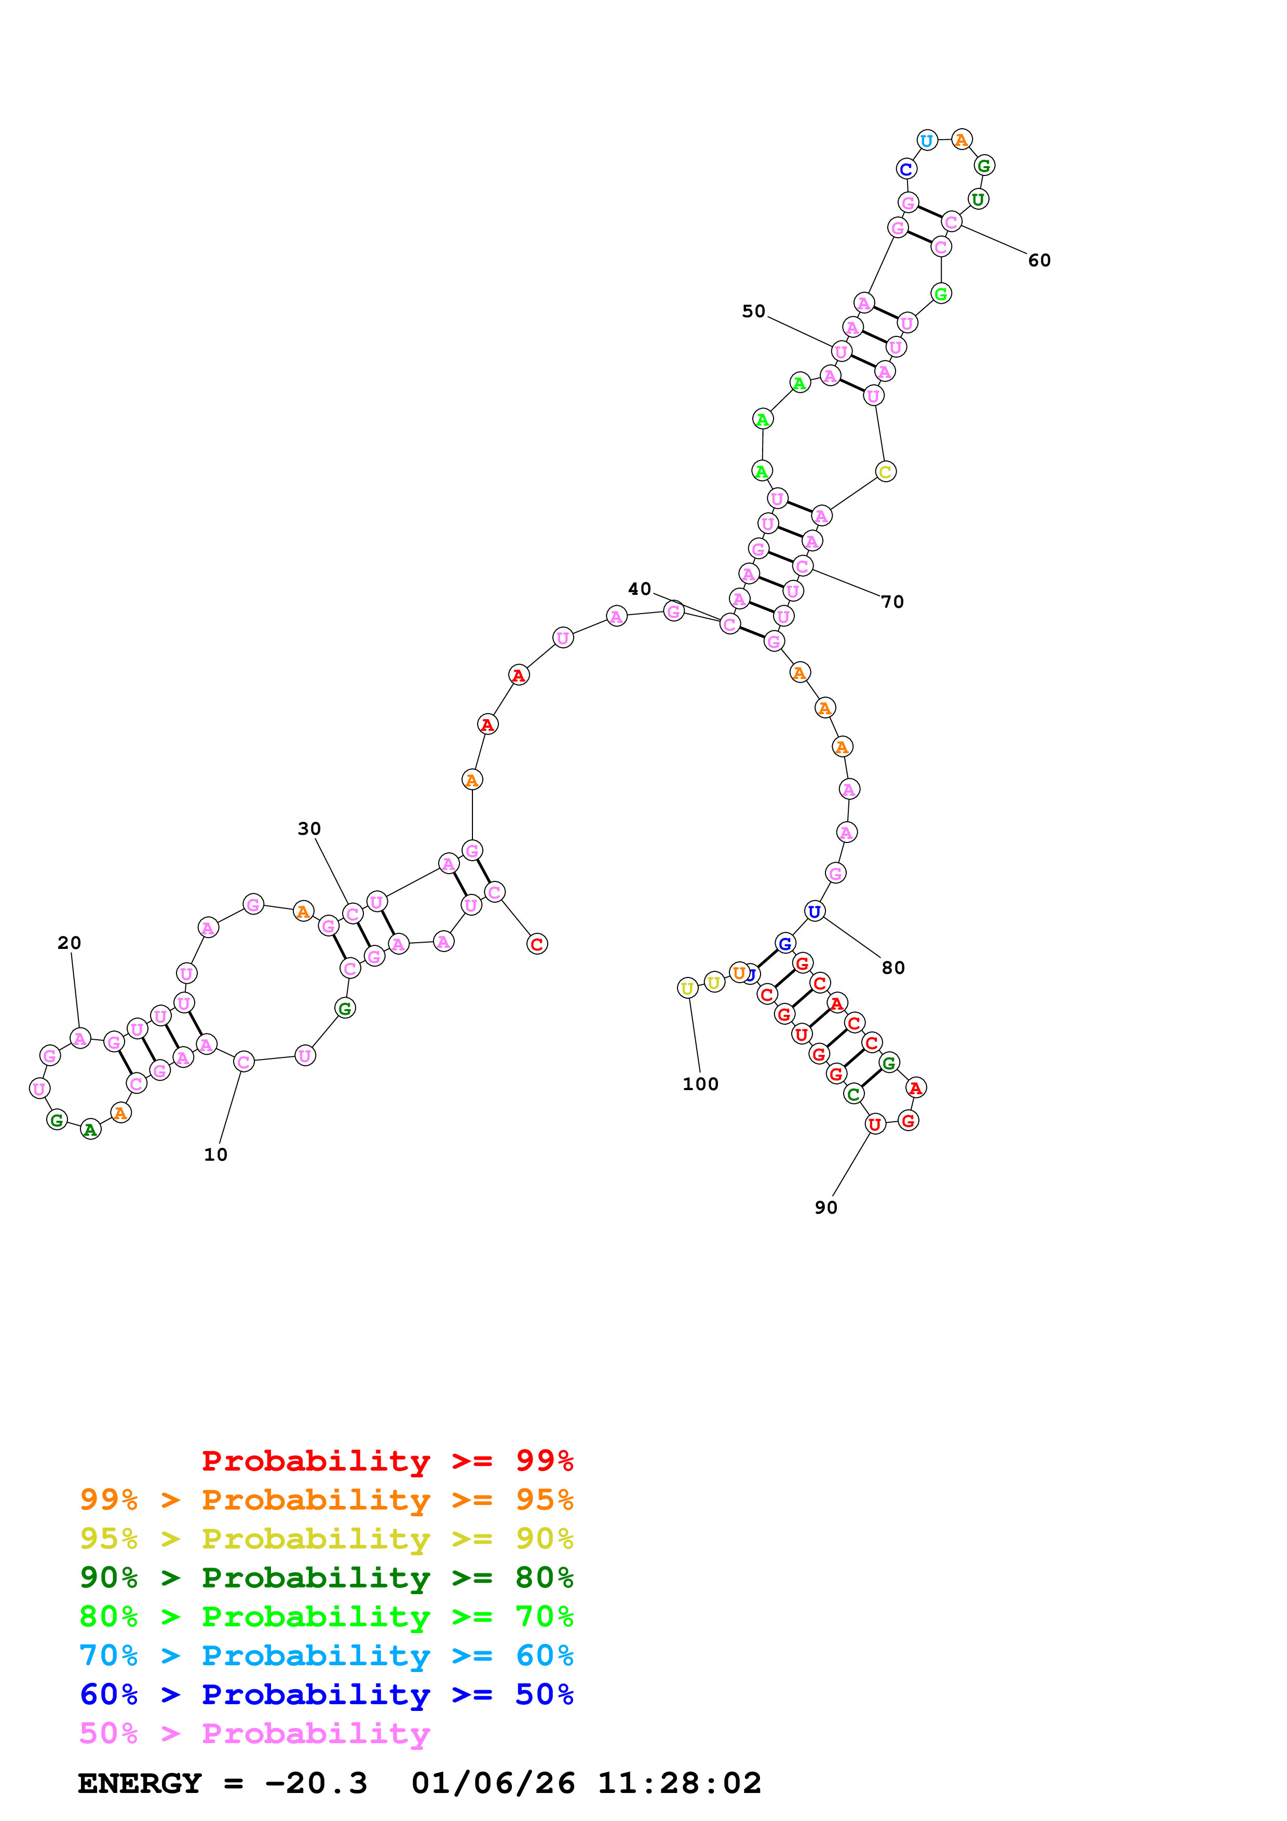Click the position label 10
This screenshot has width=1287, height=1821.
(x=215, y=1155)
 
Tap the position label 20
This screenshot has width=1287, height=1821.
(x=69, y=943)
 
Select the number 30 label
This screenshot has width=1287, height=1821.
(x=309, y=829)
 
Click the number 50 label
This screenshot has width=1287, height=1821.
(x=753, y=311)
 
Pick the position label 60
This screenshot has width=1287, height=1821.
(x=1039, y=261)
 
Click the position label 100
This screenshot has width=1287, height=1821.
(x=700, y=1084)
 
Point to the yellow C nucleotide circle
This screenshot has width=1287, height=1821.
(x=885, y=472)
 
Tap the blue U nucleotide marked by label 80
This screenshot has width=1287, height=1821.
(x=815, y=912)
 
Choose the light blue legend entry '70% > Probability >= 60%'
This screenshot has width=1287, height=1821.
(x=326, y=1655)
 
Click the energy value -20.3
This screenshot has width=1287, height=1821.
(x=316, y=1783)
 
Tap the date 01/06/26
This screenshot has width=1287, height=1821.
(x=493, y=1783)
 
